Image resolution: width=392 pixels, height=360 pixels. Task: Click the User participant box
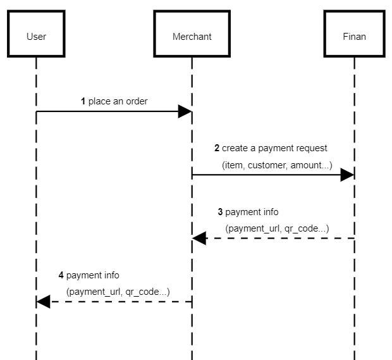point(36,36)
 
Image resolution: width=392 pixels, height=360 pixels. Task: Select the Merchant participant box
point(192,36)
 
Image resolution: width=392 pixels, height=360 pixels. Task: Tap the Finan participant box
point(354,36)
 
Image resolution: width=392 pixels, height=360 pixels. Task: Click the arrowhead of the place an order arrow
point(185,112)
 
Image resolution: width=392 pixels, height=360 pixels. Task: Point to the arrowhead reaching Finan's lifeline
point(347,175)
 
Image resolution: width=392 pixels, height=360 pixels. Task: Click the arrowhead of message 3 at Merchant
point(200,239)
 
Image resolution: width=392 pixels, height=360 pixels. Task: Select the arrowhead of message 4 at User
point(44,302)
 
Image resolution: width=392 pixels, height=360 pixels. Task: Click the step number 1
point(83,101)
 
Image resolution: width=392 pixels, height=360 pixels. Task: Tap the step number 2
point(217,149)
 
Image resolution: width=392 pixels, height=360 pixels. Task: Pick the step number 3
point(220,212)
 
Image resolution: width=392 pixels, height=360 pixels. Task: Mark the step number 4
point(61,275)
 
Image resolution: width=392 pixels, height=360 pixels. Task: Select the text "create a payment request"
point(274,149)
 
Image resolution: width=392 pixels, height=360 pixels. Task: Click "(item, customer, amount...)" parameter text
point(277,164)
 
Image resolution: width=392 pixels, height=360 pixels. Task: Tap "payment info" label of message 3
point(252,212)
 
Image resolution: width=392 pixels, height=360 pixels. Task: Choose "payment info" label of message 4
point(93,275)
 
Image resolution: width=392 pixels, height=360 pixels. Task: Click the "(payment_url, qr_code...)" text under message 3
point(277,228)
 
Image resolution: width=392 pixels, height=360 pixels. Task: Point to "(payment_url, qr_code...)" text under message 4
point(118,291)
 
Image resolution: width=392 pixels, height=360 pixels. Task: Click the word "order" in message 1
point(136,101)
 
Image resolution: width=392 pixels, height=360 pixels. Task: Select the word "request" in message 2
point(312,149)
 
